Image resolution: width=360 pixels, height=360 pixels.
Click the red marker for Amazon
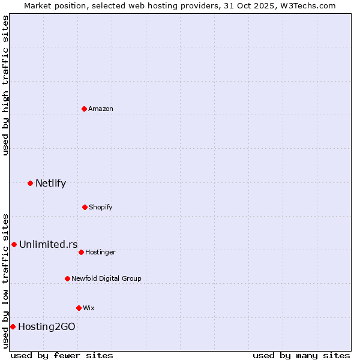pos(84,109)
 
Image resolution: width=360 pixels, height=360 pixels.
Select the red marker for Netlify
pos(30,183)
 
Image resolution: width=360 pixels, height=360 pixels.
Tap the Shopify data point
pos(85,207)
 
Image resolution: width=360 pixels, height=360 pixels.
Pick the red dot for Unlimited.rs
pos(14,244)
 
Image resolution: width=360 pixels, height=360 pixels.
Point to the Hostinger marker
pos(81,252)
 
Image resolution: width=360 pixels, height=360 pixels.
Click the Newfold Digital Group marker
pos(67,278)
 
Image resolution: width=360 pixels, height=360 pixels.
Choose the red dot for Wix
pos(79,308)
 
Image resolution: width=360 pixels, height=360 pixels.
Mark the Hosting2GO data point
pos(13,326)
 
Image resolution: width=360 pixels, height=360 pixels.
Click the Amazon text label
pos(101,109)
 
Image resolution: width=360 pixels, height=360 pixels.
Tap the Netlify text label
pos(50,183)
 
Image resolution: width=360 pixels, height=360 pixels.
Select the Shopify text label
pos(101,207)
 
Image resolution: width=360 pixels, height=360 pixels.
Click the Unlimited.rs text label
pos(48,244)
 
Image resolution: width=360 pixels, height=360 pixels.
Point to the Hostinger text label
pos(100,252)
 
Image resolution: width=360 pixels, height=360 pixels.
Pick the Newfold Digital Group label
pos(106,278)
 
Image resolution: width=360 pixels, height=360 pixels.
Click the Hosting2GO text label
pos(47,326)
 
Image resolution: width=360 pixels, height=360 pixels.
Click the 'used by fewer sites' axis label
pos(62,355)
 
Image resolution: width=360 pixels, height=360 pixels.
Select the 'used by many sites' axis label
pos(301,355)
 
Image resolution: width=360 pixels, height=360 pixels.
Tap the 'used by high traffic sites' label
pos(5,85)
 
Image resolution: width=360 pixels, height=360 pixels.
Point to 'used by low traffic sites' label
pos(5,280)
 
